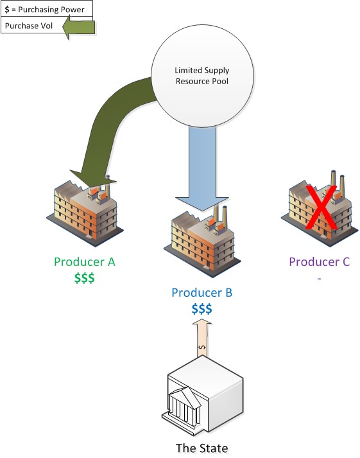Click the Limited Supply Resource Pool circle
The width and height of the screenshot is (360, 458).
tap(202, 76)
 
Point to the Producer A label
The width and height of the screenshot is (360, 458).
tap(85, 261)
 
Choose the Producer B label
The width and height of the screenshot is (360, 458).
tap(202, 293)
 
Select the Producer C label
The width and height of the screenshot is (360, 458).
tap(320, 261)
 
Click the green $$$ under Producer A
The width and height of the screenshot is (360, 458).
tap(85, 277)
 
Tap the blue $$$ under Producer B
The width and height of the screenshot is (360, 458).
tap(202, 309)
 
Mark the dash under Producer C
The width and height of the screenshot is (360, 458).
tap(320, 279)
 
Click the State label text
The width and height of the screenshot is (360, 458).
tap(202, 448)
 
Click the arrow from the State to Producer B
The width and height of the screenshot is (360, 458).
tap(202, 339)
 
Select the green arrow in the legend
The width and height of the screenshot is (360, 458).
tap(78, 28)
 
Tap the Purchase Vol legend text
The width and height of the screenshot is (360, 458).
tap(29, 26)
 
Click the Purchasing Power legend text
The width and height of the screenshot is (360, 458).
tap(51, 10)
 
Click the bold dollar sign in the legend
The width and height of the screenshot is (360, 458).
tap(7, 10)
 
